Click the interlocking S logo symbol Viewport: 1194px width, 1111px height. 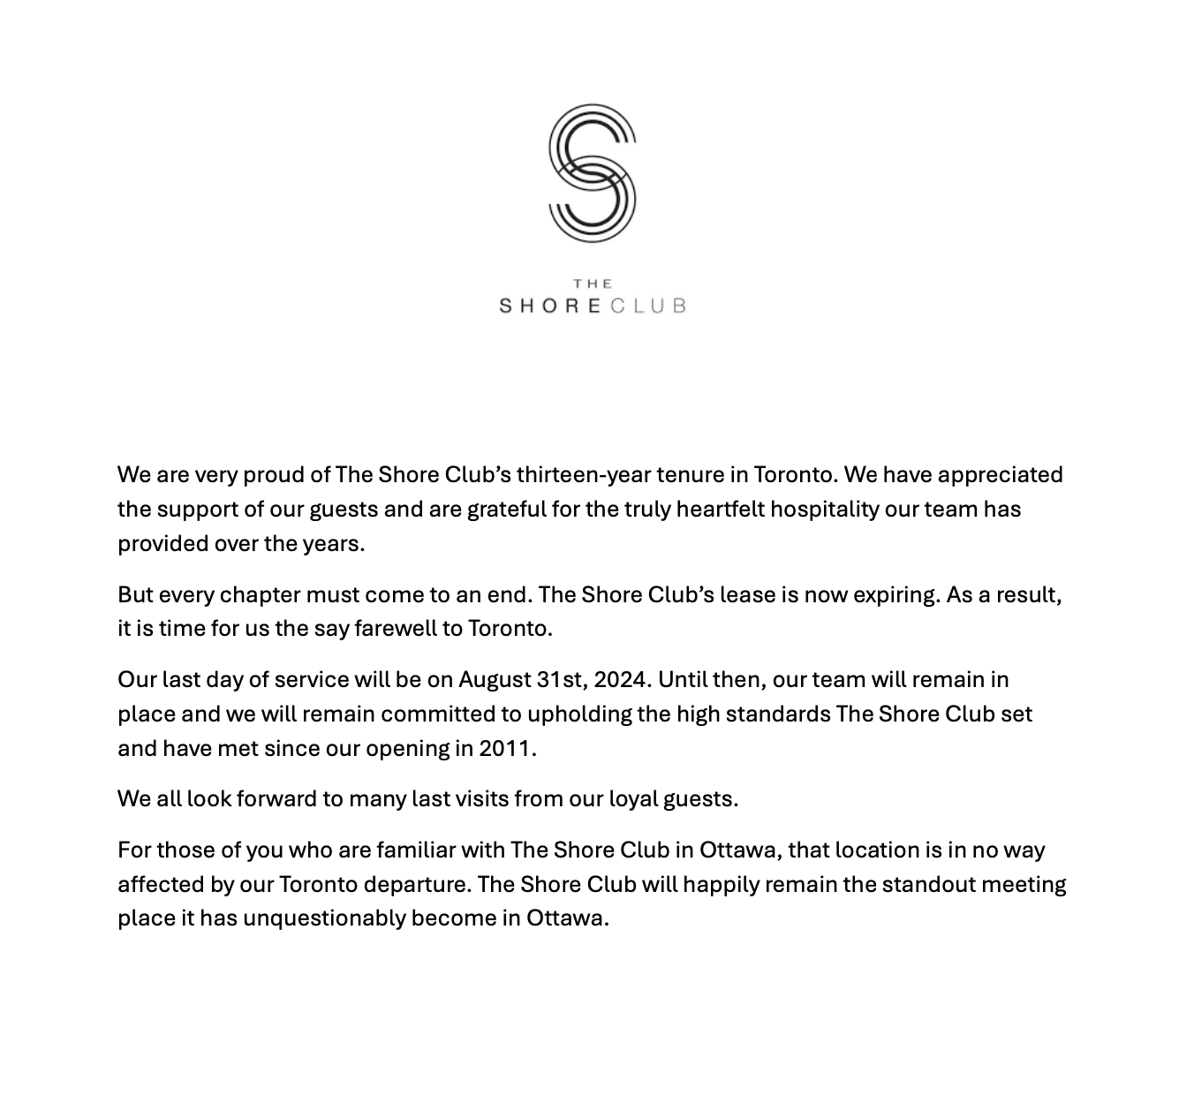pos(592,172)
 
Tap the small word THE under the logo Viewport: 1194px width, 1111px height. pos(593,283)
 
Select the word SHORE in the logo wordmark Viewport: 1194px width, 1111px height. pos(550,306)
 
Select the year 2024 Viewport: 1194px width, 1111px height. pos(622,680)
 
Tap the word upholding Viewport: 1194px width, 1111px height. pos(575,714)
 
